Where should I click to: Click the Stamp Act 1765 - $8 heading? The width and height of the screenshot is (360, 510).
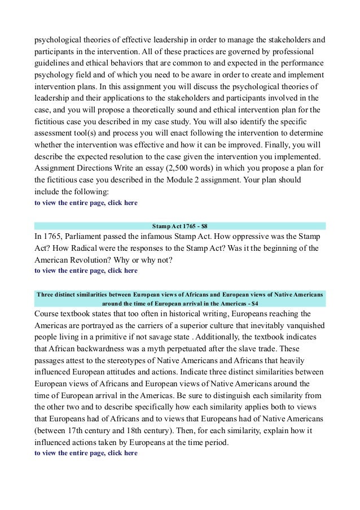tap(179, 226)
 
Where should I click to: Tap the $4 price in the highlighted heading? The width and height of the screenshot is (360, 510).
tap(256, 302)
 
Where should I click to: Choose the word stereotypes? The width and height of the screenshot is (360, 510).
tap(137, 361)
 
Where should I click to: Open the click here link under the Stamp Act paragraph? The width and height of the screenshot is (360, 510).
tap(122, 271)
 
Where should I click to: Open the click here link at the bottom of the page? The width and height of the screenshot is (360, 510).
tap(122, 454)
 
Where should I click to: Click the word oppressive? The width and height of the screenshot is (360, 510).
tap(266, 237)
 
